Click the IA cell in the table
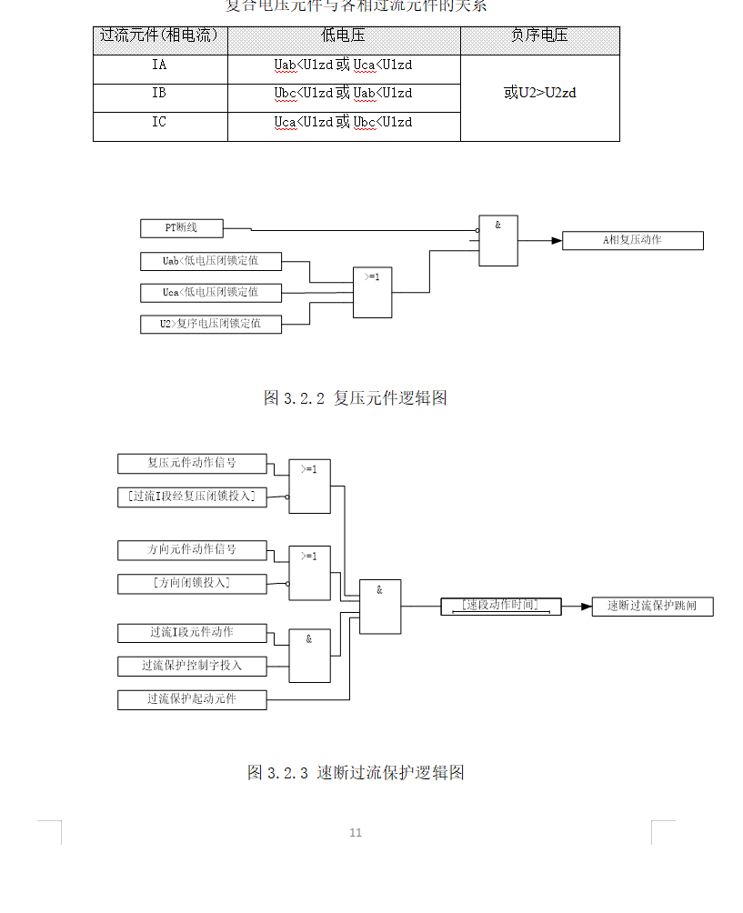pos(159,65)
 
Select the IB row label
pos(159,94)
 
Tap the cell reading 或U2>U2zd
pos(540,93)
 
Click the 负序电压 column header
pos(540,36)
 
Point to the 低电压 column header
pos(343,36)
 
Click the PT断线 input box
pos(182,228)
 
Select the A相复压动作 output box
pos(633,241)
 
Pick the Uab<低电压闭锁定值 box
pos(211,262)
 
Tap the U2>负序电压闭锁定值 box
pos(211,324)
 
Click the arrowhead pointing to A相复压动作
pos(556,241)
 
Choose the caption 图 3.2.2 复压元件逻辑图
pos(355,398)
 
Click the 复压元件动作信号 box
pos(192,464)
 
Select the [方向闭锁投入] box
pos(192,584)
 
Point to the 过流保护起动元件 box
pos(192,699)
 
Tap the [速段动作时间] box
pos(501,606)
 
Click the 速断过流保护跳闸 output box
pos(653,607)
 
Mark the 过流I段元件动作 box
pos(192,633)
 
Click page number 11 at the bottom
pos(356,833)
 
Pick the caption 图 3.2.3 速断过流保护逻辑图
pos(356,773)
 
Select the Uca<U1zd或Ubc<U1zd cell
pos(343,123)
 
